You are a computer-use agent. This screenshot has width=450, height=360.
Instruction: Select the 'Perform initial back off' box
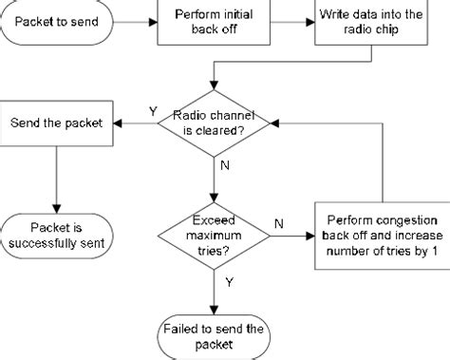click(214, 22)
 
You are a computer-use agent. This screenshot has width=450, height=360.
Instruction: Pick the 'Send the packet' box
click(56, 123)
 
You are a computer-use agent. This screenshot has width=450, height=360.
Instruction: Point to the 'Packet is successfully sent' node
click(57, 235)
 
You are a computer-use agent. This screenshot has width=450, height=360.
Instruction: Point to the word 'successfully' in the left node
click(57, 243)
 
